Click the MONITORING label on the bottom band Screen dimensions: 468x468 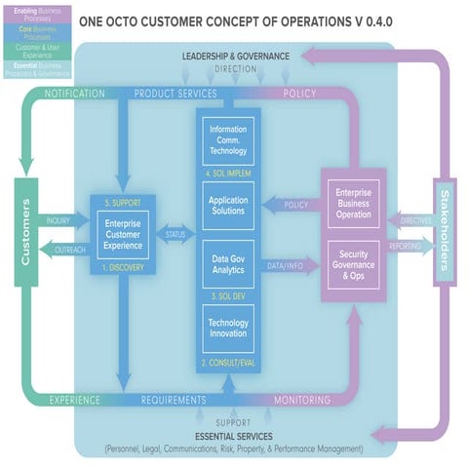(x=301, y=400)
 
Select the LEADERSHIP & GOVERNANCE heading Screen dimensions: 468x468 (x=235, y=56)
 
